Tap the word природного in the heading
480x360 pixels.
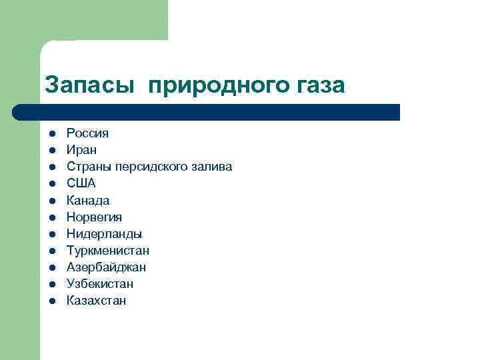217,85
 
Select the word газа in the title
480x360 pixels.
319,85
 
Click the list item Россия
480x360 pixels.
87,133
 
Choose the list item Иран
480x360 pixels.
81,150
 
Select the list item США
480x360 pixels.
81,183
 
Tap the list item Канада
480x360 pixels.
88,200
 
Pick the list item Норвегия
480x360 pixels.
94,217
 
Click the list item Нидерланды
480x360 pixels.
104,233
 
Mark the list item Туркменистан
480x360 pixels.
108,251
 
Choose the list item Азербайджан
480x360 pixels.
106,267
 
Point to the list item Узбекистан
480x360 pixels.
100,284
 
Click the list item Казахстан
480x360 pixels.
96,301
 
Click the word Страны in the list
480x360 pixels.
88,167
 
